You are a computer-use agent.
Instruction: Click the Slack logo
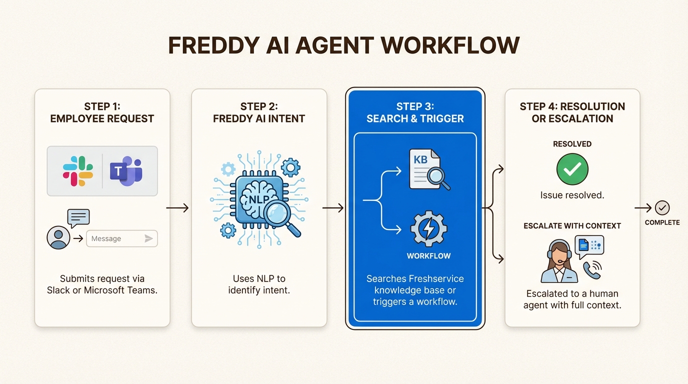click(78, 171)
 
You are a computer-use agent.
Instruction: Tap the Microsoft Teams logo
click(126, 171)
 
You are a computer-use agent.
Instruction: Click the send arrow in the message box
click(148, 238)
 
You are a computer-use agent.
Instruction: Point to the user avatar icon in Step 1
click(58, 238)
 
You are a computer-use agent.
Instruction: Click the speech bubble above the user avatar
click(78, 217)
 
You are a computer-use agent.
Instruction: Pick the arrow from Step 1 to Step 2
click(177, 207)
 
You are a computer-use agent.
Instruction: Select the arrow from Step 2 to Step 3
click(333, 207)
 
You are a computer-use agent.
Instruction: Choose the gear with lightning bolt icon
click(428, 228)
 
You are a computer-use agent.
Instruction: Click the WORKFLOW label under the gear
click(428, 256)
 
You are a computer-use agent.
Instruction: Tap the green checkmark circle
click(572, 169)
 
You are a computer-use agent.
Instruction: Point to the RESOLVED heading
click(572, 144)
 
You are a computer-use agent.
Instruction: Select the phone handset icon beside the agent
click(592, 270)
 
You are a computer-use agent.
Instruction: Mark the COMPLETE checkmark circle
click(662, 207)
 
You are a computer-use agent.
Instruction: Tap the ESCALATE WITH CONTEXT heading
click(572, 226)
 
